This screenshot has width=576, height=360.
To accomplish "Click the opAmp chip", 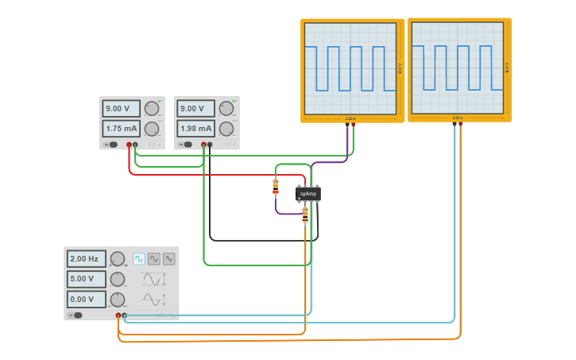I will point(307,194).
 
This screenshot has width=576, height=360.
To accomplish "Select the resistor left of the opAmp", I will point(276,187).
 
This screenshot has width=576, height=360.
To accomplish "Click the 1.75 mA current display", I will point(122,129).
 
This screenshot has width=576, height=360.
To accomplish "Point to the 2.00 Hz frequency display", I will point(87,259).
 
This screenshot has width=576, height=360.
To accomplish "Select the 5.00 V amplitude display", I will point(87,279).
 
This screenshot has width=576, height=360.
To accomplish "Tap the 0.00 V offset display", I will point(87,300).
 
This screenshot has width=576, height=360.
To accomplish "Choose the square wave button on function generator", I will point(139,258).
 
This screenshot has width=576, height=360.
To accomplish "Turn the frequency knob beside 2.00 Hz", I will point(117,259).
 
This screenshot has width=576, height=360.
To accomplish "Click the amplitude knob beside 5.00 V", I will point(117,279).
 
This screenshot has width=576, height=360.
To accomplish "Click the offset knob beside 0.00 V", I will point(117,300).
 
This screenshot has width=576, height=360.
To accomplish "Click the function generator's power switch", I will point(76,315).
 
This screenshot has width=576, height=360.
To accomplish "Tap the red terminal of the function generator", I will point(118,315).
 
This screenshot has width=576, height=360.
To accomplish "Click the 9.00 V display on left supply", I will point(122,109).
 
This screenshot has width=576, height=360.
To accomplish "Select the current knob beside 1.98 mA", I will point(226,129).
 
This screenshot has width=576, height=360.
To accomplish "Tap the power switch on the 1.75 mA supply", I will point(112,145).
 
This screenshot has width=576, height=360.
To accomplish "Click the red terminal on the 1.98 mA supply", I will point(203,145).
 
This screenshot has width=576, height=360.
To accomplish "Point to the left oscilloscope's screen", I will point(350,68).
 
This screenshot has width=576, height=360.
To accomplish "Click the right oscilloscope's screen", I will point(457,68).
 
